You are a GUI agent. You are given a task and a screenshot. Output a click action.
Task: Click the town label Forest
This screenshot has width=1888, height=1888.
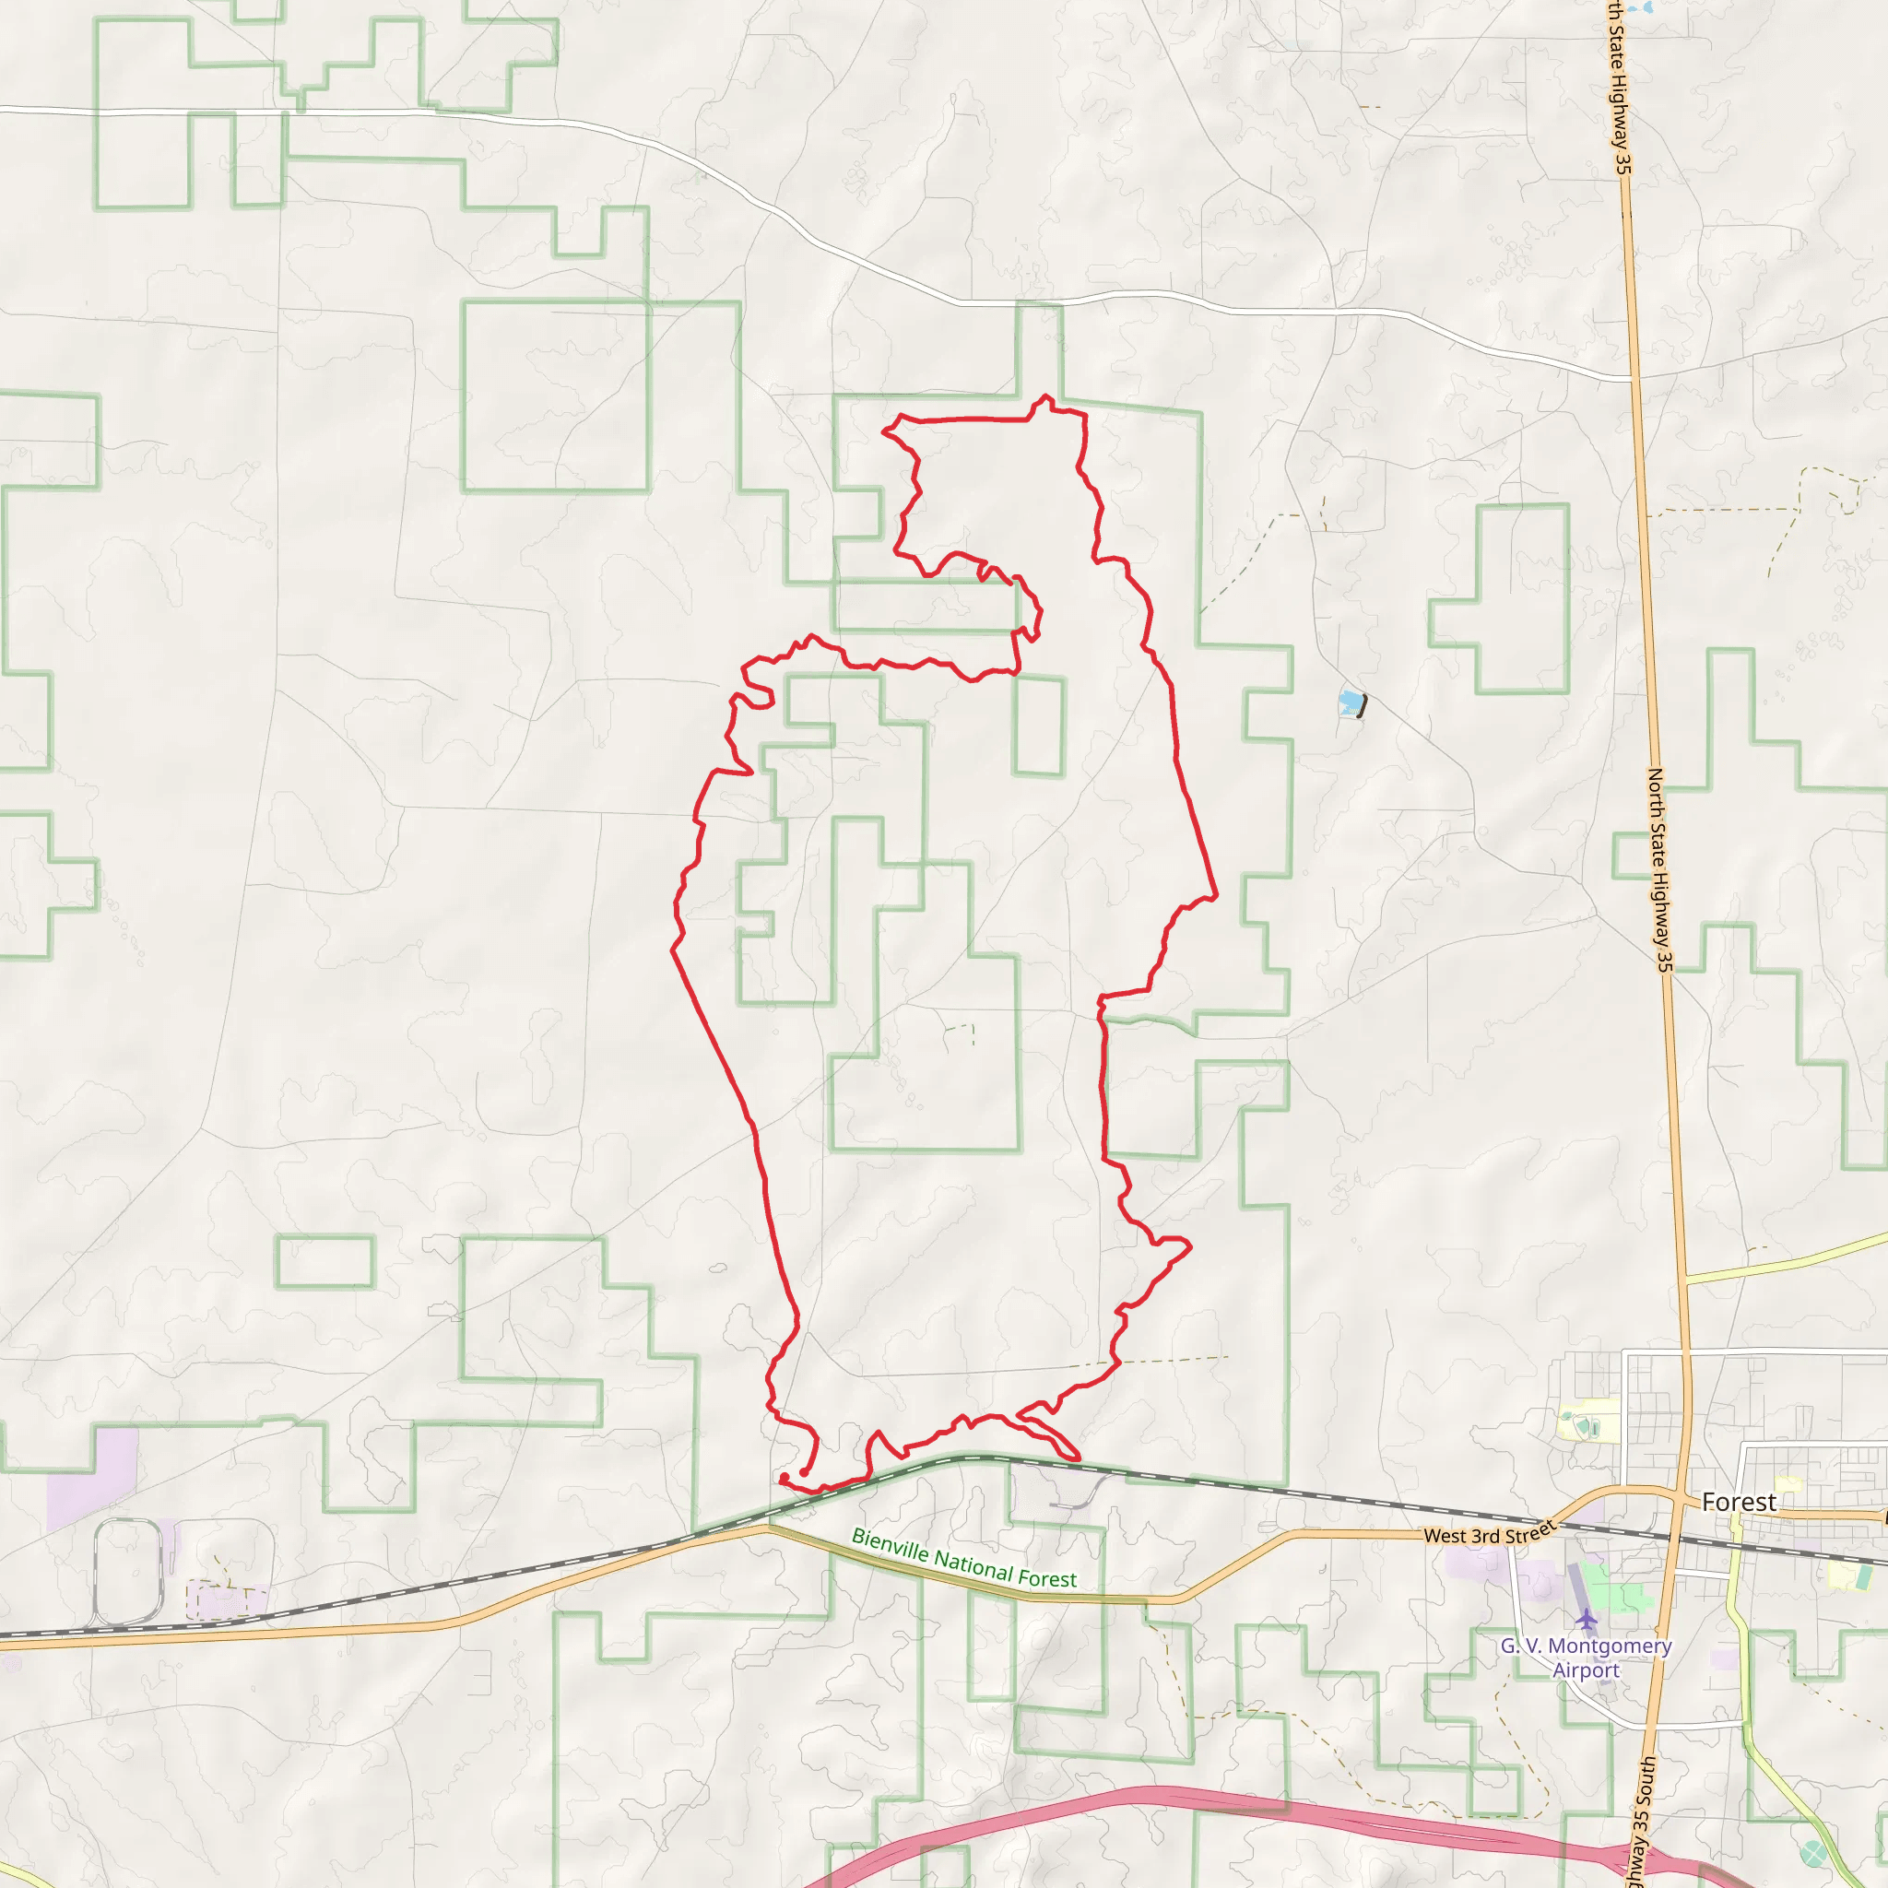(x=1739, y=1502)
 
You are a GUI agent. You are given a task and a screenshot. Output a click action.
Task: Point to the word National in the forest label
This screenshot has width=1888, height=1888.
(x=973, y=1563)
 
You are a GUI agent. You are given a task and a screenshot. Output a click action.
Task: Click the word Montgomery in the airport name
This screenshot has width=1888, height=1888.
(x=1610, y=1646)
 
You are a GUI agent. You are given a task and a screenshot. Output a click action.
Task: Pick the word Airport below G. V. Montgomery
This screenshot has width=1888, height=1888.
(x=1586, y=1671)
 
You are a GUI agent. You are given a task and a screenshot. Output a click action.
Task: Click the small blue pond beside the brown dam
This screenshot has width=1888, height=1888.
(x=1350, y=702)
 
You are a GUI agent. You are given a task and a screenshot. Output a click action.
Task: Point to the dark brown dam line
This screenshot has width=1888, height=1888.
(x=1362, y=706)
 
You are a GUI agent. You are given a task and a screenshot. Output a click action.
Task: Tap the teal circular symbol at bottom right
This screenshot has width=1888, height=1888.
(x=1813, y=1853)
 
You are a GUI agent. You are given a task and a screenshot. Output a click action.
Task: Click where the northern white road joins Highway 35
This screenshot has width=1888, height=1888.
(x=1632, y=377)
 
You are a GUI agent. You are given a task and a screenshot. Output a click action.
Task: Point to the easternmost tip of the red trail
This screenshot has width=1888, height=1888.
(x=1217, y=894)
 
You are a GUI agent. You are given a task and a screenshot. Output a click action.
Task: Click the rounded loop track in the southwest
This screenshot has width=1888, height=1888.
(x=128, y=1573)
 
